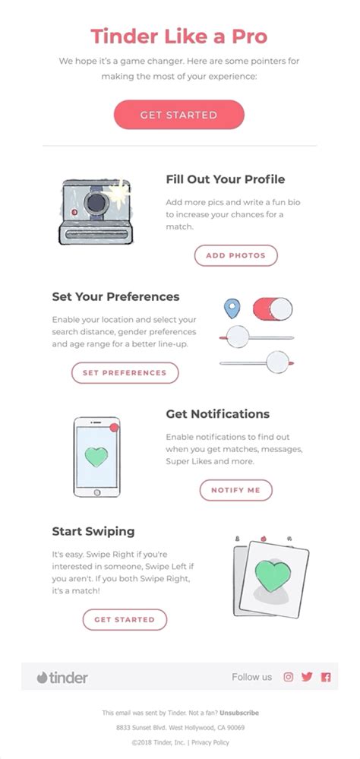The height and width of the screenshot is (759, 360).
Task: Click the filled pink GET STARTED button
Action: point(178,115)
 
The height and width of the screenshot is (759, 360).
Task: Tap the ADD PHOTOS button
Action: point(235,255)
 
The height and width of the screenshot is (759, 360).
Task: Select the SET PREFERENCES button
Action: point(125,373)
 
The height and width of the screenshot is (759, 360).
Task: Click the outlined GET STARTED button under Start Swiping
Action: point(125,619)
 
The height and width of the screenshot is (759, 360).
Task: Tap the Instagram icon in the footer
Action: point(288,677)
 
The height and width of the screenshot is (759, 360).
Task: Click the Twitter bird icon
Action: point(307,677)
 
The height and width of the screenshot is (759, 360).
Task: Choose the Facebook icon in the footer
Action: point(326,677)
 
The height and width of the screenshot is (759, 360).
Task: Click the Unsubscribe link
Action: point(239,713)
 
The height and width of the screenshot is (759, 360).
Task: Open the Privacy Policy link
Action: point(210,742)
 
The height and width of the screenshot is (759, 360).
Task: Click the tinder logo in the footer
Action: point(62,677)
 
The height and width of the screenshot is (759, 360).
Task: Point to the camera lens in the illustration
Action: point(95,202)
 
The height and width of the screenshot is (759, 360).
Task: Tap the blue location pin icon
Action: point(231,308)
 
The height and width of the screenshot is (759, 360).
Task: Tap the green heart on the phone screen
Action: point(96,457)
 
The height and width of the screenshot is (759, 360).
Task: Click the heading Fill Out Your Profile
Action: point(226,179)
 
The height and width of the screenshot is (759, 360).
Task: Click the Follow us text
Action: point(251,677)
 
